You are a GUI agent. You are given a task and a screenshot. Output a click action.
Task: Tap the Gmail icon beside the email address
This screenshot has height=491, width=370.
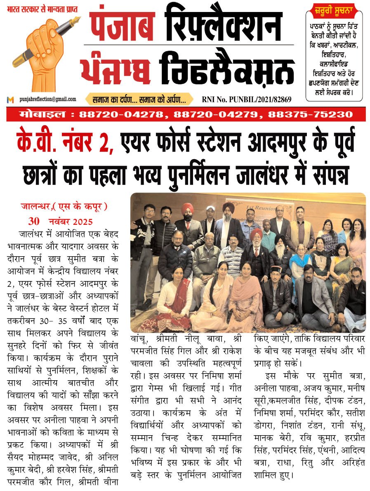click(x=10, y=100)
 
